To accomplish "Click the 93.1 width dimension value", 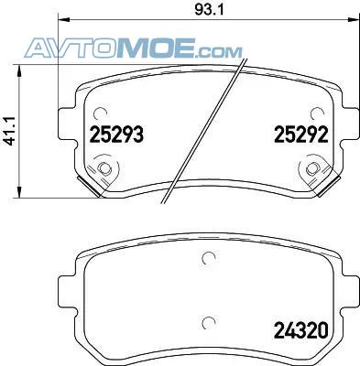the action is pos(209,9).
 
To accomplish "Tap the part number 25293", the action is pos(116,135).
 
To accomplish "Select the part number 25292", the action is pos(301,135).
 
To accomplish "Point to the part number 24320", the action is pos(301,330).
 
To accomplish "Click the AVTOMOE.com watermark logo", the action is pos(133,48).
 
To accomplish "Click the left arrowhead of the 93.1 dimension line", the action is pos(64,19).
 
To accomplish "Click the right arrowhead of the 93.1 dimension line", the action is pos(354,19).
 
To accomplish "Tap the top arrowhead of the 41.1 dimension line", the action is pos(19,70).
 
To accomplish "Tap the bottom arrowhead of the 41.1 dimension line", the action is pos(19,192).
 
